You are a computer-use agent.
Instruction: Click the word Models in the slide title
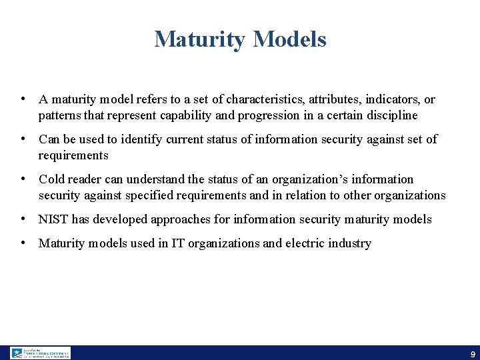289,39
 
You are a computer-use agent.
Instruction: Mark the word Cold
52,179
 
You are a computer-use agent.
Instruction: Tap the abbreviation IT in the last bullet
178,243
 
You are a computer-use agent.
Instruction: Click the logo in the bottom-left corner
40,353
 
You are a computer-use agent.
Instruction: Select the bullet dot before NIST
23,218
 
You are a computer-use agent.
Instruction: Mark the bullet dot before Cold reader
23,178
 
